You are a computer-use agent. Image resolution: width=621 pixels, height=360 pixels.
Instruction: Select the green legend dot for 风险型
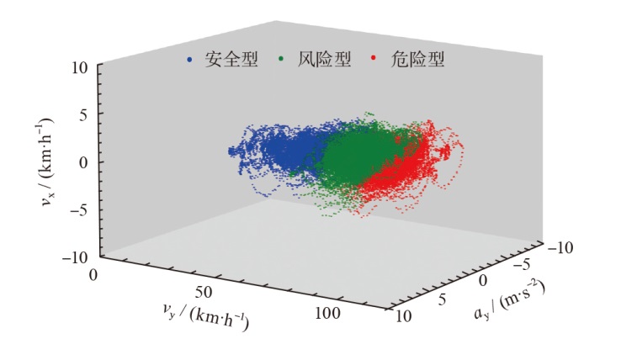tap(280, 61)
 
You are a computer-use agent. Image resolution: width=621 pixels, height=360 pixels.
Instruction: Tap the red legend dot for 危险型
tap(373, 61)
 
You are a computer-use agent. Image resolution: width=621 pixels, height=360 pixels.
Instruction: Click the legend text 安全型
tap(226, 61)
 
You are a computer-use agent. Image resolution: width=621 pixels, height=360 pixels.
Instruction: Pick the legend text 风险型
tap(316, 61)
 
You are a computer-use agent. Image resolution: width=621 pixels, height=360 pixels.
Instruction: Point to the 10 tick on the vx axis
tap(78, 67)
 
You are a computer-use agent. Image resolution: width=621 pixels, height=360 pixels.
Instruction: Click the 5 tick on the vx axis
tap(84, 114)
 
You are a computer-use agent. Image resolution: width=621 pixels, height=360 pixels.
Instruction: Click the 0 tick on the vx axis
tap(84, 162)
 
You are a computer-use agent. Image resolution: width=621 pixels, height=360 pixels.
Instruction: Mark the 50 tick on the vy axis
tap(205, 292)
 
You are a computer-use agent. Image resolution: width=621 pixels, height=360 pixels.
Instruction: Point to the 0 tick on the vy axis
tap(93, 274)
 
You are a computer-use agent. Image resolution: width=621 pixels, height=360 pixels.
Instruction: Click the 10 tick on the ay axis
tap(402, 315)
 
